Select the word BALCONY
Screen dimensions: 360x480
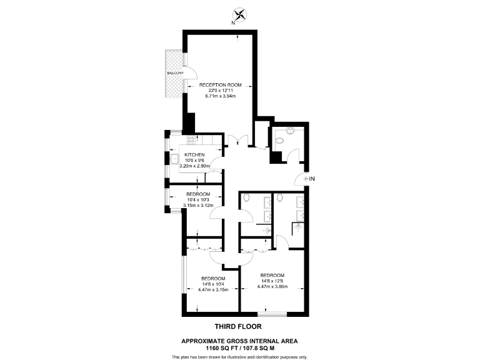point(175,74)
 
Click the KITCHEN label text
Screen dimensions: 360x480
point(194,154)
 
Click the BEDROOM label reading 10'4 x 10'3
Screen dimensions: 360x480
point(198,194)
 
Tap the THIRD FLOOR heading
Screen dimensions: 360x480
point(238,326)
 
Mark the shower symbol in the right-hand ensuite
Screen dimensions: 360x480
point(299,230)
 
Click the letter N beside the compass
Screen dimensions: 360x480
point(232,23)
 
